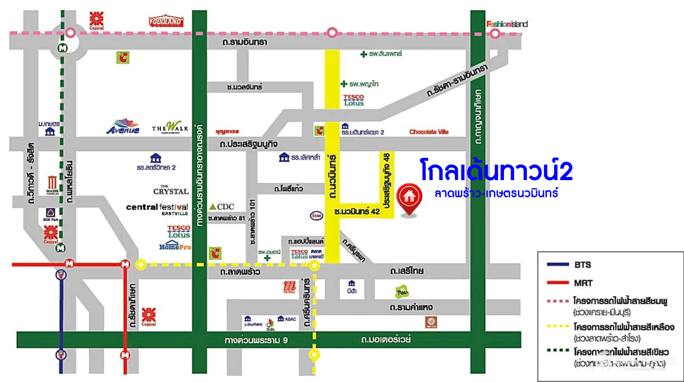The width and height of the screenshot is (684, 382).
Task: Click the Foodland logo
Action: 166,22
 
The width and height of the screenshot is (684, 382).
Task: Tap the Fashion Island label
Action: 507,24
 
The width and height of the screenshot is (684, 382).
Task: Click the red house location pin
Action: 409,199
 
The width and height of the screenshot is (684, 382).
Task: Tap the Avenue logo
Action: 123,128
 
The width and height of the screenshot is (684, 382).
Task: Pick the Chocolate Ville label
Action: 429,132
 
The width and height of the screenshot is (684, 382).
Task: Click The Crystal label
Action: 171,190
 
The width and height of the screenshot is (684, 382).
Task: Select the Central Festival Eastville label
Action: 157,208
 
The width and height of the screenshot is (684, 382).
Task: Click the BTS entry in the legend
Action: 583,265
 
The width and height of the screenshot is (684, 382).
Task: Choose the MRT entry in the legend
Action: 584,283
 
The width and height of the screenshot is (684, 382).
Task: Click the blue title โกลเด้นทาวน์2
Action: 496,171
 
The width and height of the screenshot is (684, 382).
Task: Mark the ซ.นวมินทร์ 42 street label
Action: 357,212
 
